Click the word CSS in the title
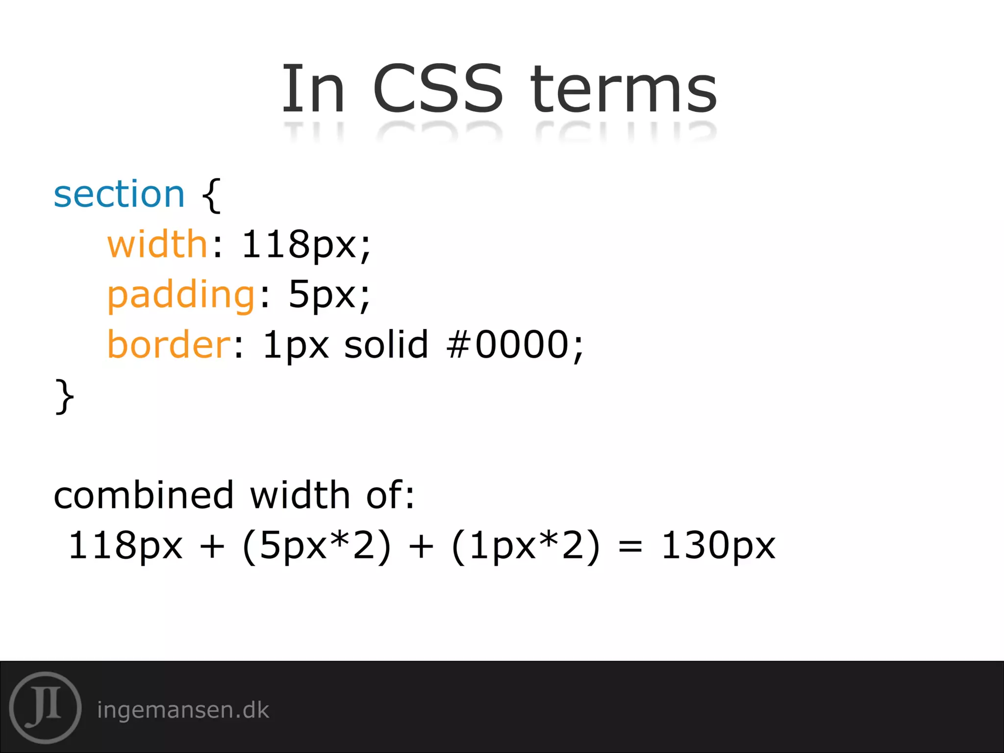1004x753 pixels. [438, 88]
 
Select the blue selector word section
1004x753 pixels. [119, 194]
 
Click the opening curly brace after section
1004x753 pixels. [211, 195]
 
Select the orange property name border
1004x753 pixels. [169, 344]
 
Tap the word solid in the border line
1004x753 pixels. [386, 344]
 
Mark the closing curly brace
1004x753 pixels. [65, 397]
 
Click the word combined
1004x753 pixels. [144, 495]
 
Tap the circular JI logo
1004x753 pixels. [45, 707]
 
